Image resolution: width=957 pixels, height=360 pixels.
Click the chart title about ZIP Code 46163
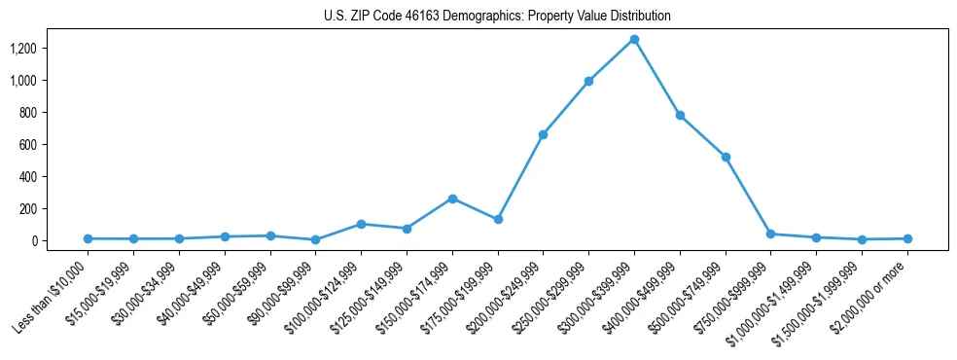(x=497, y=17)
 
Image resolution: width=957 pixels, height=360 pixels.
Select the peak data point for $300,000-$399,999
(x=634, y=39)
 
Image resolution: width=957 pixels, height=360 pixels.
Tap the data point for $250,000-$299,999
(x=588, y=81)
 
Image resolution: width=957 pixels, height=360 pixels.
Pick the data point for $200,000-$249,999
(x=543, y=134)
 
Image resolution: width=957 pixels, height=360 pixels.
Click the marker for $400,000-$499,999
(x=680, y=115)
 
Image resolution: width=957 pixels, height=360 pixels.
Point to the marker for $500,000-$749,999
(x=726, y=157)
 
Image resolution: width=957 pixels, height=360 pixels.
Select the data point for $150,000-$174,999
(x=452, y=198)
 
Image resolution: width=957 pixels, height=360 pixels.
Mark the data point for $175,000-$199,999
(x=498, y=219)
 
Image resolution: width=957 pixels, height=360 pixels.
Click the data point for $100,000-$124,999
(x=361, y=224)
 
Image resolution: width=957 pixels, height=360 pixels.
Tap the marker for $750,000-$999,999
(x=770, y=234)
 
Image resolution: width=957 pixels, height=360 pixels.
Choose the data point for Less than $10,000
(x=88, y=238)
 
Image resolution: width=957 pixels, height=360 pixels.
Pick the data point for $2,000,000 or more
(x=907, y=238)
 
